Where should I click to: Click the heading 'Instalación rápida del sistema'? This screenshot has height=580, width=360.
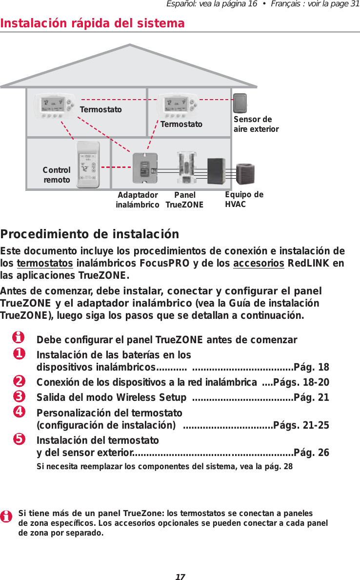[93, 23]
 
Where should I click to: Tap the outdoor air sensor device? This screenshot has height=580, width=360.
[240, 104]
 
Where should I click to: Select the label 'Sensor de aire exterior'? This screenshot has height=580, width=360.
[256, 124]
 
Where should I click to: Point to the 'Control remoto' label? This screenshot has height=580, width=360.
[57, 175]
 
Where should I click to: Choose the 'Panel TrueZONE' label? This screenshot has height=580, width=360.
[184, 200]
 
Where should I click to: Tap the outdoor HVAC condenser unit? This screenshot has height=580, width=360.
[245, 172]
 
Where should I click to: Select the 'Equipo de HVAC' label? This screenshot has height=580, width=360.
[244, 199]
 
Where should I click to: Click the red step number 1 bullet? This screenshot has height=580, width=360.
[19, 353]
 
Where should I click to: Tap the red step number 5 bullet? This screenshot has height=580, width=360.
[19, 439]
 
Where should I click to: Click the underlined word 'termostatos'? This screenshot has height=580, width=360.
[45, 264]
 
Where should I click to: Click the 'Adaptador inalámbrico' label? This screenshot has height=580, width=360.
[138, 200]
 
